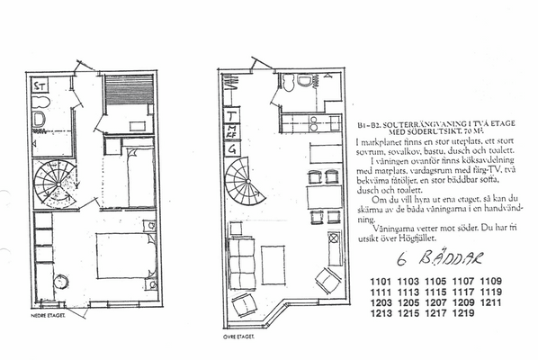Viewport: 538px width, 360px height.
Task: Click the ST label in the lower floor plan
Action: (x=40, y=87)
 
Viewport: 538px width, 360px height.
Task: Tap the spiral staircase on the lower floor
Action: (x=56, y=184)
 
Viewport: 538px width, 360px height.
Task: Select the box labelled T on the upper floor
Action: (x=232, y=116)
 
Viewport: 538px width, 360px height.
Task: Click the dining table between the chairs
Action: (x=320, y=197)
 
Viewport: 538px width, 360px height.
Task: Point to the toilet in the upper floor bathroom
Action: (x=304, y=82)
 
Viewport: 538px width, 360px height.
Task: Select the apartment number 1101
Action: (x=382, y=281)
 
